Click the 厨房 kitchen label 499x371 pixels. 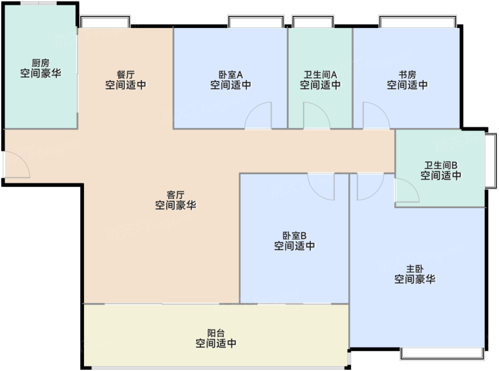pos(41,63)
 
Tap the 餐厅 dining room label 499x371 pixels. pos(125,75)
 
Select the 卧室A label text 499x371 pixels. pos(231,75)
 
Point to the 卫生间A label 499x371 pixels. pos(320,75)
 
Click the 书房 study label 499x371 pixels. pos(408,75)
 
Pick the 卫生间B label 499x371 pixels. pos(441,165)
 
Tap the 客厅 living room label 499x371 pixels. pos(175,195)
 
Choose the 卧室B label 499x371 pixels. pos(295,236)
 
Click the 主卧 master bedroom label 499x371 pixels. pos(415,269)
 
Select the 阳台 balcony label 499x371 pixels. pos(216,333)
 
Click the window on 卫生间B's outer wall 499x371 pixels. pos(491,161)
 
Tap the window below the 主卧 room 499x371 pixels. pos(442,354)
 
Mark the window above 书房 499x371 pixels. pos(418,21)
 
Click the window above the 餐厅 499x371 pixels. pos(105,21)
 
